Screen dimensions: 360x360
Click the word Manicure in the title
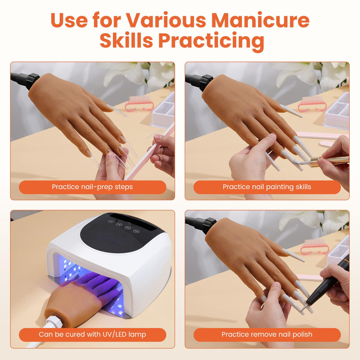coord(260,20)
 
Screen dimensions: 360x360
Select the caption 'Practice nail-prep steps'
coord(92,187)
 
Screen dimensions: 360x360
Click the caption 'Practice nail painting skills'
coord(267,187)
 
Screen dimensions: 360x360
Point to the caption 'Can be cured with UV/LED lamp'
coord(92,334)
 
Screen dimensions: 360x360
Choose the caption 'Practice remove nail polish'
coord(267,334)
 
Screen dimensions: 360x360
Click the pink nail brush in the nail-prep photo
coord(139,103)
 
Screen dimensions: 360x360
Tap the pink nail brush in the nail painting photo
coord(312,104)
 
